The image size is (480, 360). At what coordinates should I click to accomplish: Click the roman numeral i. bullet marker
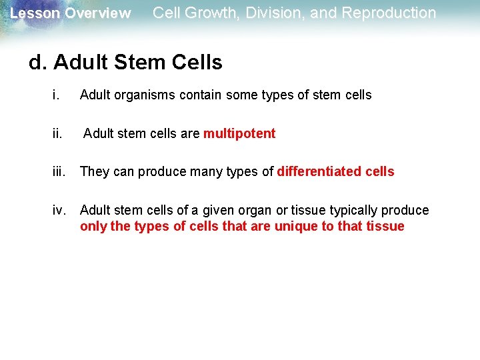[55, 95]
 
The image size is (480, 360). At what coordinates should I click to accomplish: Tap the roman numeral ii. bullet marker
[57, 133]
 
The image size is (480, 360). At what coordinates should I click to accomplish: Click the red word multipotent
[239, 133]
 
